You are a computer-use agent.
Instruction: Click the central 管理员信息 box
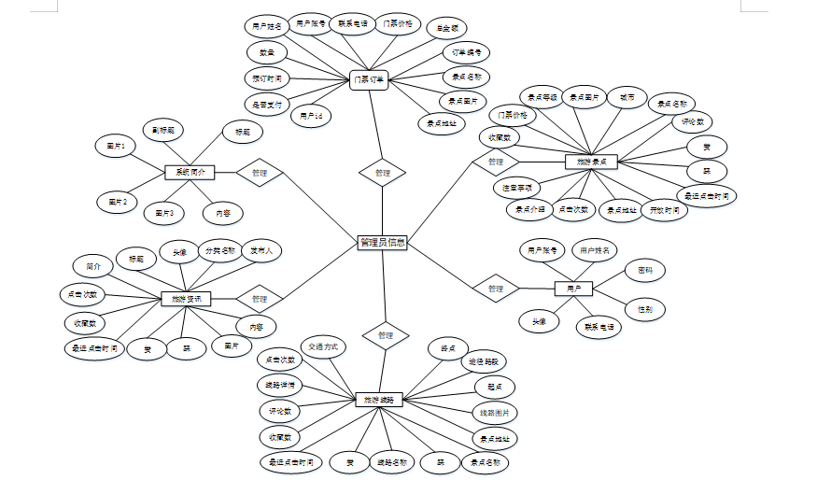[x=382, y=243]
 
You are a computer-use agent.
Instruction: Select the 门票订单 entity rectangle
[x=370, y=80]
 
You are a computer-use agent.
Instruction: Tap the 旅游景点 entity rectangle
[x=591, y=162]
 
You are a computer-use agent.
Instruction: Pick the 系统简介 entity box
[x=190, y=172]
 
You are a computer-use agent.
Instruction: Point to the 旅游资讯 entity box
[x=187, y=299]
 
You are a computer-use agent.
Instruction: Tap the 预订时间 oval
[x=267, y=77]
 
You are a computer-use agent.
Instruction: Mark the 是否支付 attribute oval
[x=267, y=103]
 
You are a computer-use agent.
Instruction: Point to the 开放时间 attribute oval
[x=664, y=210]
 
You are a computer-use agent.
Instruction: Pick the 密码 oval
[x=645, y=271]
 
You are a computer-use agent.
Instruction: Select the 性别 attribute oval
[x=645, y=308]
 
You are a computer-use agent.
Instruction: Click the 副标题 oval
[x=163, y=129]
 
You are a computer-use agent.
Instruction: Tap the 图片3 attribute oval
[x=165, y=213]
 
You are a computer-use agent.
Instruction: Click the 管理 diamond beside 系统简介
[x=260, y=173]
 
